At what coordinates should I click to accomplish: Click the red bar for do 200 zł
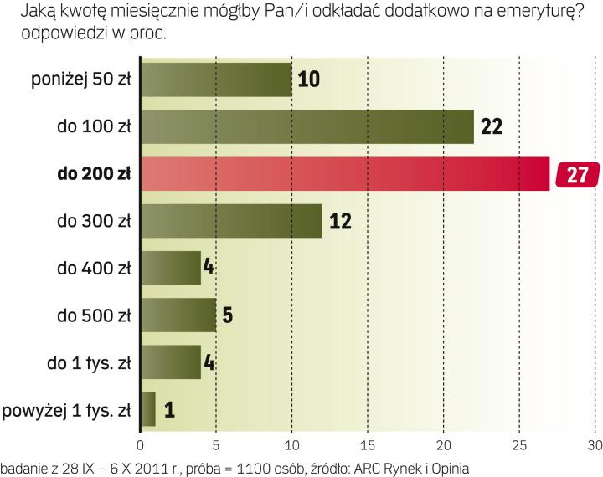coord(344,174)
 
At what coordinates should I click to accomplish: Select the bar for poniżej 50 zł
coord(216,80)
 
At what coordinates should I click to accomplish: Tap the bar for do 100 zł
coord(307,127)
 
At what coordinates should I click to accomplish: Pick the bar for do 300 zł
coord(231,221)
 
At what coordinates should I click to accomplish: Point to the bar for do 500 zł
coord(178,315)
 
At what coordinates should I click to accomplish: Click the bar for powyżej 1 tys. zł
coord(147,409)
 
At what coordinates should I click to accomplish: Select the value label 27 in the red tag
coord(578,175)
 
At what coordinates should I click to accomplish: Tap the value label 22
coord(492,127)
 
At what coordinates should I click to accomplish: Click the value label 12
coord(339,222)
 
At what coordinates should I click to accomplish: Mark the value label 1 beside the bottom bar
coord(169,410)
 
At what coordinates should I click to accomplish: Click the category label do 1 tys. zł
coord(87,363)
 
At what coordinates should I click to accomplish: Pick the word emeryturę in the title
coord(531,13)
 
